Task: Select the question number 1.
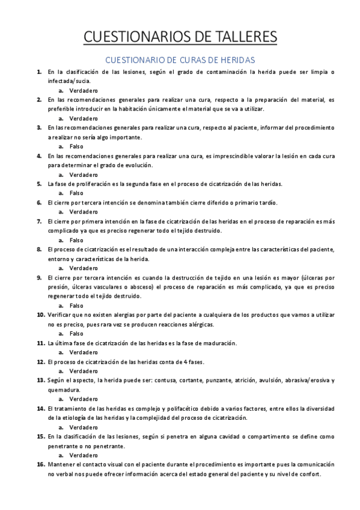pos(39,72)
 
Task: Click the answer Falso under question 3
pos(76,146)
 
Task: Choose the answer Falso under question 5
pos(76,193)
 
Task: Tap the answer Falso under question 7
pos(76,240)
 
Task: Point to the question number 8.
pos(39,249)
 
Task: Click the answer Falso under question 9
pos(76,305)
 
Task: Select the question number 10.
pos(40,315)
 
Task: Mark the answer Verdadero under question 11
pos(84,352)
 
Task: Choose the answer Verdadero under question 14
pos(84,427)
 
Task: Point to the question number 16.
pos(40,464)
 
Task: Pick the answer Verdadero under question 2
pos(84,118)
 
